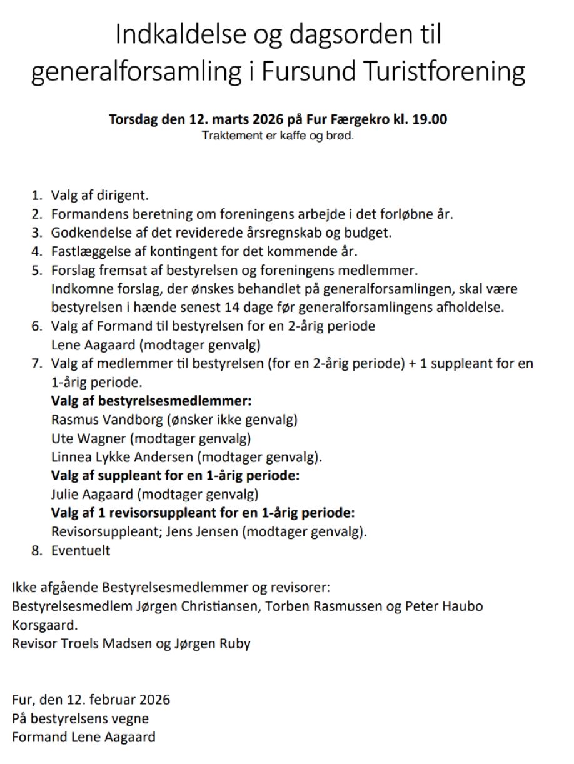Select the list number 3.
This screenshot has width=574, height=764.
point(36,233)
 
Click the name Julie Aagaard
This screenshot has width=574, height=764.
point(92,495)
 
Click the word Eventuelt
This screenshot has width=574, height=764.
point(81,551)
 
